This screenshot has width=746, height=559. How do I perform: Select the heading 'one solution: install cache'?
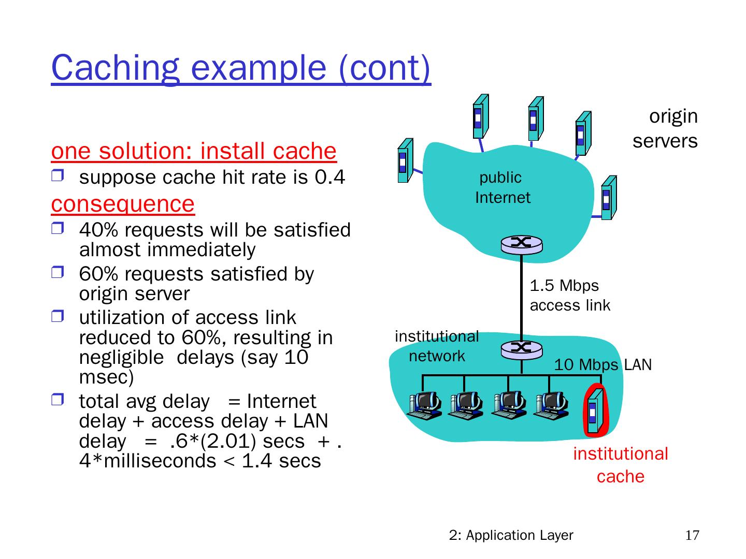click(194, 151)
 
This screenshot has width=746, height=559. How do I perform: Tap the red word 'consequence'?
click(123, 204)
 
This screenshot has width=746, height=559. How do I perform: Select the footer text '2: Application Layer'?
click(511, 535)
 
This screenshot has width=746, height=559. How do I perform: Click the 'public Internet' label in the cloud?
click(501, 187)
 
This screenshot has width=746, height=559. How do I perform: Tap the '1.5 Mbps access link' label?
click(569, 296)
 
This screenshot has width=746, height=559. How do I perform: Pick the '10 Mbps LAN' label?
click(602, 365)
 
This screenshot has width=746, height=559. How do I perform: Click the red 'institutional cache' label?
click(620, 465)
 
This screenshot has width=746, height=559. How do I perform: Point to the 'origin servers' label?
click(666, 128)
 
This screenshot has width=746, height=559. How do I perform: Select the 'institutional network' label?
click(437, 346)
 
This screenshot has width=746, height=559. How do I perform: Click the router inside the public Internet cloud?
click(521, 244)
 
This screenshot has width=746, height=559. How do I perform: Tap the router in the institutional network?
click(521, 349)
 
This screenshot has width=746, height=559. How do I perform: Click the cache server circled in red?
click(595, 411)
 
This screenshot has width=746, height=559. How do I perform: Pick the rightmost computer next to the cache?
click(552, 405)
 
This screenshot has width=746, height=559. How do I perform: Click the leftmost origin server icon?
click(405, 160)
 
